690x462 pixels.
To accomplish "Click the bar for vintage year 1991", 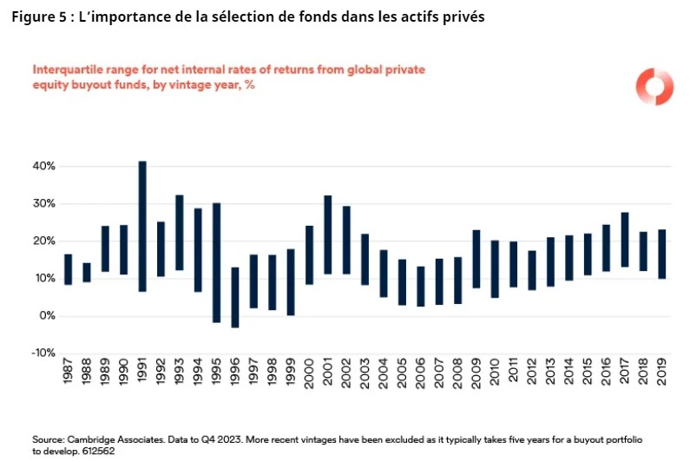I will tap(142, 226).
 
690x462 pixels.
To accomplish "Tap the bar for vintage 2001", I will tap(328, 234).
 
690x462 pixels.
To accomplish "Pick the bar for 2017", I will tap(626, 240).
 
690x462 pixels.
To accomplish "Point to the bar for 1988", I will tap(87, 273).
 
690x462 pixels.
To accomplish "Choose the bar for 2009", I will tap(476, 259).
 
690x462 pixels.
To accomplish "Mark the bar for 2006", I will tap(421, 286).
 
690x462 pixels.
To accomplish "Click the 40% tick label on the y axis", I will tap(44, 166).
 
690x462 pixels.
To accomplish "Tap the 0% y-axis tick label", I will tap(48, 315).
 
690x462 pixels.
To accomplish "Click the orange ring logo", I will tap(654, 87).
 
